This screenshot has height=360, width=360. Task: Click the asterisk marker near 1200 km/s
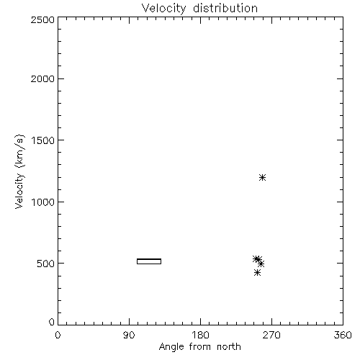tap(262, 178)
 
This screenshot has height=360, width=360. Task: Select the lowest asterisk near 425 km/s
tap(257, 273)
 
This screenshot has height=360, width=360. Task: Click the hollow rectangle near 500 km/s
tap(149, 261)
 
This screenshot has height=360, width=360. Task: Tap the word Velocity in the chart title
tap(163, 9)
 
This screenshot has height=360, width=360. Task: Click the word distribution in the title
tap(225, 8)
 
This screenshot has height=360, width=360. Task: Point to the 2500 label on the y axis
tap(42, 19)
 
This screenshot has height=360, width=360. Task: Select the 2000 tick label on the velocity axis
tap(42, 79)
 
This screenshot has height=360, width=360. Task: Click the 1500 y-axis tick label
tap(43, 140)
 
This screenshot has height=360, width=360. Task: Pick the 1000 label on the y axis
tap(43, 202)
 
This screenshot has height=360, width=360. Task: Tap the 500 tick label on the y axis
tap(46, 264)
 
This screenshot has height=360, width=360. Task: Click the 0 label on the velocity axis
tap(52, 322)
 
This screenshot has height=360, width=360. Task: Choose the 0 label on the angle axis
tap(58, 335)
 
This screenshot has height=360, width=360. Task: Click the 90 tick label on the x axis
tap(129, 335)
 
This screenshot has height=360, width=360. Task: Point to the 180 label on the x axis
tap(200, 335)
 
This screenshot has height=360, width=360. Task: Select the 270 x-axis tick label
tap(271, 335)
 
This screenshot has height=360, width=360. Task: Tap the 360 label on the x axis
tap(343, 335)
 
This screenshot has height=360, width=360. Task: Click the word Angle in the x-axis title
tap(171, 347)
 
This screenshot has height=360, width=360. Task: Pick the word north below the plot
tap(229, 347)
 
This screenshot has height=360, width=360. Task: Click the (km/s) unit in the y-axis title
tap(19, 151)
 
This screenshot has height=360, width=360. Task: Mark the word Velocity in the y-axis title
tap(19, 191)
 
